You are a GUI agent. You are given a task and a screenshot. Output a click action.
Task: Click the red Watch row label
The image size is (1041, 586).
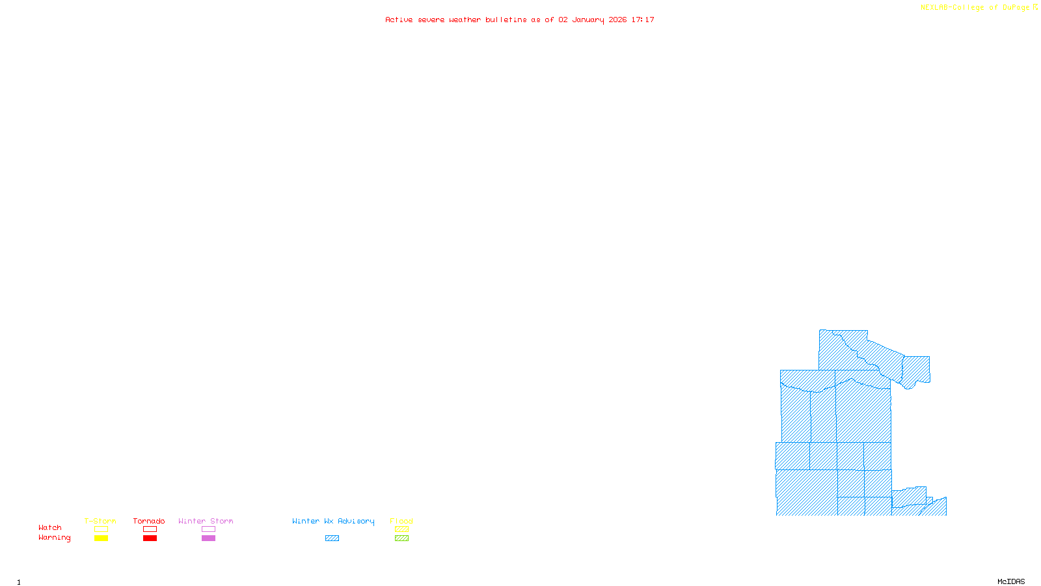(50, 528)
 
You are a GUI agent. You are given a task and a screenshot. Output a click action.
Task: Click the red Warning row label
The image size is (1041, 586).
(55, 538)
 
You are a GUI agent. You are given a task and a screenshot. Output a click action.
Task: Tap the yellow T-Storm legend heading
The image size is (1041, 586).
(100, 521)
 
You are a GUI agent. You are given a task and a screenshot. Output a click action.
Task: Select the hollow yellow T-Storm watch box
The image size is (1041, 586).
(101, 529)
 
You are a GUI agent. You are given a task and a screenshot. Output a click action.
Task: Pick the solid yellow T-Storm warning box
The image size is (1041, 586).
(101, 538)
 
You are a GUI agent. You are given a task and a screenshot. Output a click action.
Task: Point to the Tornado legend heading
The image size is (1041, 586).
(149, 521)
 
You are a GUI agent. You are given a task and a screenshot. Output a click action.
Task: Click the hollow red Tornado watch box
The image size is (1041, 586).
(150, 529)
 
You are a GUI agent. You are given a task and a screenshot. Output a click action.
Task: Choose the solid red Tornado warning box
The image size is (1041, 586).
(150, 538)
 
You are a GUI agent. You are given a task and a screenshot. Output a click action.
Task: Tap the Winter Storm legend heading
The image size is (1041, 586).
(206, 521)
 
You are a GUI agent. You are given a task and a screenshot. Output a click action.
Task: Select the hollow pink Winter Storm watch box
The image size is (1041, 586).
(208, 529)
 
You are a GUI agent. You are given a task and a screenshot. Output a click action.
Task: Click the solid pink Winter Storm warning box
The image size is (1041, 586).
(208, 538)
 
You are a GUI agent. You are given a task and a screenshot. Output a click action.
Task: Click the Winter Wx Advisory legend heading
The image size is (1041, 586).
(333, 521)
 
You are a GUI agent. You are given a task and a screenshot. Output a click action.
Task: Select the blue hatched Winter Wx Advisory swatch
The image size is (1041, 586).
(332, 538)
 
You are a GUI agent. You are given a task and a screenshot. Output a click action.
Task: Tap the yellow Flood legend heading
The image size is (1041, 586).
(401, 521)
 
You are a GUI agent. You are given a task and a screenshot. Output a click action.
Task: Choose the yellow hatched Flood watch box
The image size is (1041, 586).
(401, 529)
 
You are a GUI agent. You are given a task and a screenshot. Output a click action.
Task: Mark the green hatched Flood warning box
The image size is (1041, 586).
(401, 538)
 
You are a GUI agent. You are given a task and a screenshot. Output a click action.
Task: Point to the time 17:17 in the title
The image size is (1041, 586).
(643, 20)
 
